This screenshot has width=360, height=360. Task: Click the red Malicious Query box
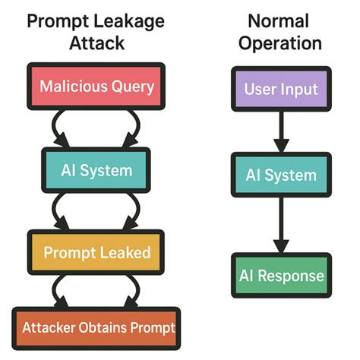[96, 87]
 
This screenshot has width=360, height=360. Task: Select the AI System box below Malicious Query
[96, 169]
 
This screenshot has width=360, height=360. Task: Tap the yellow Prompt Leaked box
[96, 251]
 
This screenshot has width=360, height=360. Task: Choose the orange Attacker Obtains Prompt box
[96, 328]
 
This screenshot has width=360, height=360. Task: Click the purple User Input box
[281, 90]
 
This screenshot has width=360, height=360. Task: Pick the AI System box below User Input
[281, 175]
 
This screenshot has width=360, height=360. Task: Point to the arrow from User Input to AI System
[281, 133]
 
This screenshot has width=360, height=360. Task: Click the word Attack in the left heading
[96, 44]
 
